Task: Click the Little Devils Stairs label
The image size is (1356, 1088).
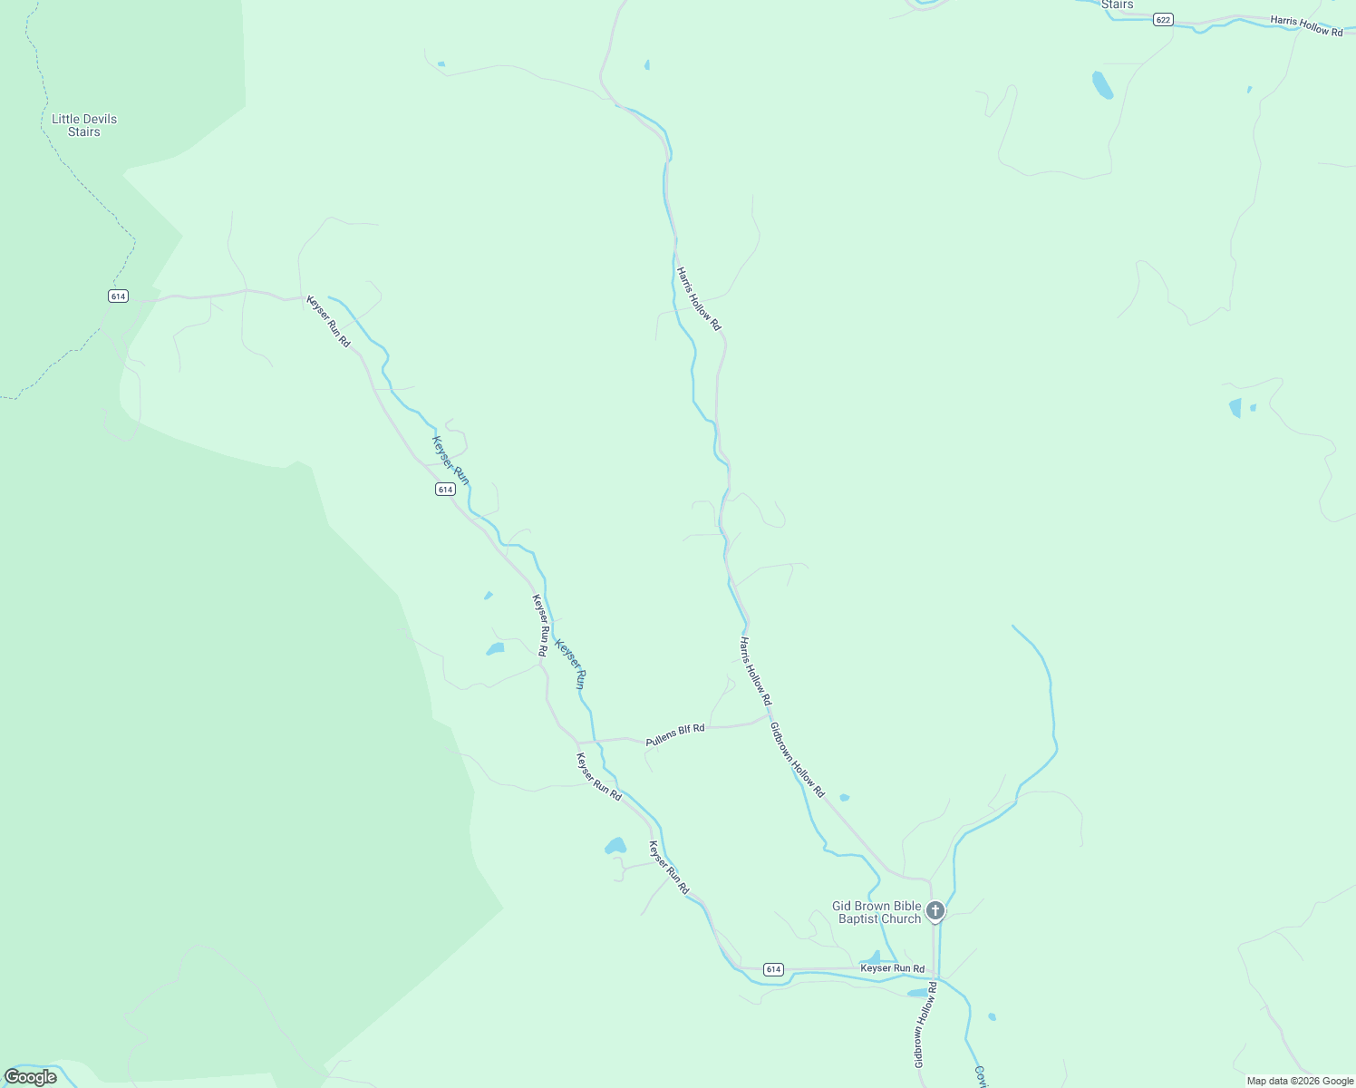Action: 84,125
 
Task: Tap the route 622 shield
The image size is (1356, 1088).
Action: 1164,19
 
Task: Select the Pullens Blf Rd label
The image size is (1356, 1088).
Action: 675,735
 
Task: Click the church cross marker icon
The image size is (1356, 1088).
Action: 935,910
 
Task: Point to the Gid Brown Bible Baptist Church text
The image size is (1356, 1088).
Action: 877,912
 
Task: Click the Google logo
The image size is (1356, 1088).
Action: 31,1077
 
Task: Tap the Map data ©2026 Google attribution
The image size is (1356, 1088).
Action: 1299,1081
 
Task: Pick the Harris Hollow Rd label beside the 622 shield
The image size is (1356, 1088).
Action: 1306,25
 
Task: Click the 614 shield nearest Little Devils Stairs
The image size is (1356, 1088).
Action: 118,296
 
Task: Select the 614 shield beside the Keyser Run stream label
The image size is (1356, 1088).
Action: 444,489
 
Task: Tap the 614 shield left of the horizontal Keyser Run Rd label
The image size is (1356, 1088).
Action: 772,969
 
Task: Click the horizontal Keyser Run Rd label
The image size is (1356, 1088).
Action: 892,968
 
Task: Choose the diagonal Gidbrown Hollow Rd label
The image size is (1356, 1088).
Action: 797,760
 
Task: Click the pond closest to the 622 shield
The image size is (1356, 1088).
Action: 1102,84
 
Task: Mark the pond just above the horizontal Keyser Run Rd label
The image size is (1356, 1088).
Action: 872,957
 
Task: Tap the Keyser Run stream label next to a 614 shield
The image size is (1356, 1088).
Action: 450,461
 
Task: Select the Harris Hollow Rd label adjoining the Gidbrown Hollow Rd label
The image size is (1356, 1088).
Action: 754,671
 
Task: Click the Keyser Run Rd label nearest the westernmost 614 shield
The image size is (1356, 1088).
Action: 328,321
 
